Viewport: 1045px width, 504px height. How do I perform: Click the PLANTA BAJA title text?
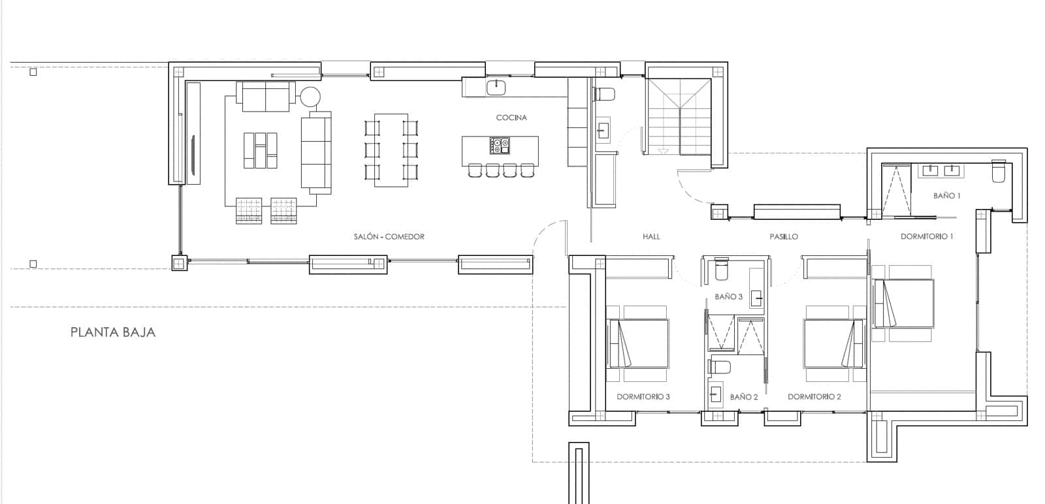(x=113, y=332)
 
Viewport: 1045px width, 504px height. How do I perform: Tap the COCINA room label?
(x=511, y=118)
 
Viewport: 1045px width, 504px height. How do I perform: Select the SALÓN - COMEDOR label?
(x=389, y=236)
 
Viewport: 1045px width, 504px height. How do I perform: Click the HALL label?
(x=651, y=236)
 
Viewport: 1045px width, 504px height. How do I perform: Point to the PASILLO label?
(x=783, y=236)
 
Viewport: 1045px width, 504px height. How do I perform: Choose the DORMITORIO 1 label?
(x=926, y=236)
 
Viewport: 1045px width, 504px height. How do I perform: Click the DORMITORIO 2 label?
(x=814, y=397)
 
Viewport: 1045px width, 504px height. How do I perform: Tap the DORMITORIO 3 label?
(x=643, y=397)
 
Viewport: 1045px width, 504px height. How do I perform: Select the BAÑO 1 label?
(x=946, y=196)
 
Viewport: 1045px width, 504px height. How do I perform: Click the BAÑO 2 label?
(x=743, y=397)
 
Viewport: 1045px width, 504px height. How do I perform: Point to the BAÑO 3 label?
(x=728, y=296)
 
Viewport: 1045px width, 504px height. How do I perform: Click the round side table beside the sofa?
(x=310, y=97)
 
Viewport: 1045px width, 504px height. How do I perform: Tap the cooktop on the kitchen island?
(x=500, y=144)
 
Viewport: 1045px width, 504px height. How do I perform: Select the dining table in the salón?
(x=391, y=150)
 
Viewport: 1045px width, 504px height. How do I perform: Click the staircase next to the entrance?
(x=679, y=118)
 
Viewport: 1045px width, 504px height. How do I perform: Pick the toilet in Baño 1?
(x=999, y=172)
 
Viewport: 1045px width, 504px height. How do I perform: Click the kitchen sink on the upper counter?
(x=497, y=86)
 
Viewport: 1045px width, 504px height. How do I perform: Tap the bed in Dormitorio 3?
(x=638, y=343)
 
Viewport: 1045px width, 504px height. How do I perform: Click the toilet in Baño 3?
(x=721, y=268)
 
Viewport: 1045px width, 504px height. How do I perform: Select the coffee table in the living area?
(x=260, y=150)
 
